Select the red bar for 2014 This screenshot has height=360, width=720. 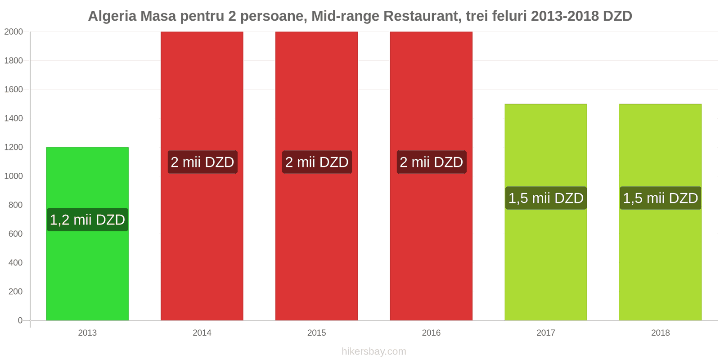202,247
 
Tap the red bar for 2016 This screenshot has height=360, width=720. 431,247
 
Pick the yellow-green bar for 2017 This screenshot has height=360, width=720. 545,270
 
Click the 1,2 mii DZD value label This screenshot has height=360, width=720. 87,220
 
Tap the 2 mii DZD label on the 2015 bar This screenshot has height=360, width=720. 317,162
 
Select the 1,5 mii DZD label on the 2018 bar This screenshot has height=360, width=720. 660,198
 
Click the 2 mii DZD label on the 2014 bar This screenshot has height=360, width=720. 202,162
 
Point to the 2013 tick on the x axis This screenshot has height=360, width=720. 87,333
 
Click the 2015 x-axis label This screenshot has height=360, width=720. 317,333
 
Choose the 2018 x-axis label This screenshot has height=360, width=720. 660,333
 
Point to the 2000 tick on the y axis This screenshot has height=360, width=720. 13,32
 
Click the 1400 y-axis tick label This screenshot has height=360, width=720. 13,118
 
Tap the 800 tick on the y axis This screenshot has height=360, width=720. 15,205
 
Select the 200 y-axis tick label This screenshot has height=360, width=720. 15,292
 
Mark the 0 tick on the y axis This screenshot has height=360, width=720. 20,320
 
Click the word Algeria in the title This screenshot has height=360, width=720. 112,16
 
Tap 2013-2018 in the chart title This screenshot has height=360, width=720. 565,16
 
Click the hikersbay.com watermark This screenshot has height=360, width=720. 373,351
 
